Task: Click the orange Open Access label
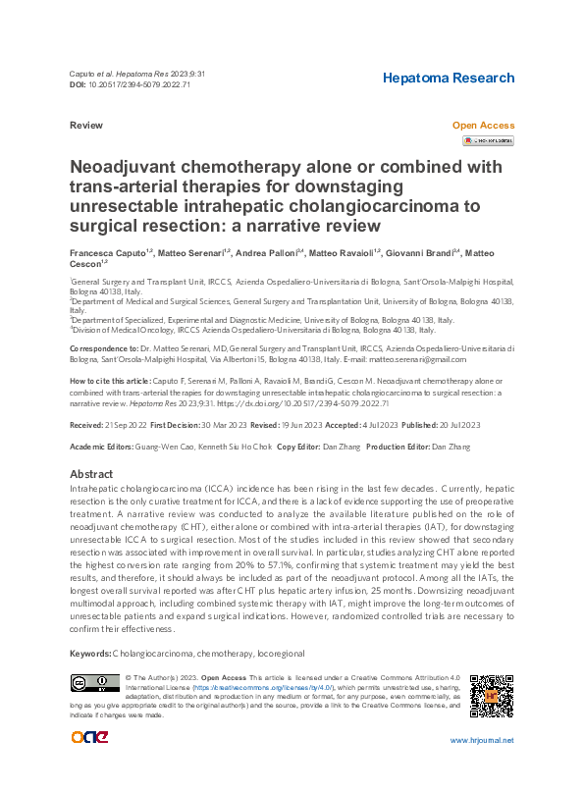(x=482, y=126)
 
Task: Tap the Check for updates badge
(x=487, y=141)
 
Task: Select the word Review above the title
(x=87, y=127)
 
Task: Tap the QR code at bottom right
(x=492, y=698)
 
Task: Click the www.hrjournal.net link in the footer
(x=481, y=768)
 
